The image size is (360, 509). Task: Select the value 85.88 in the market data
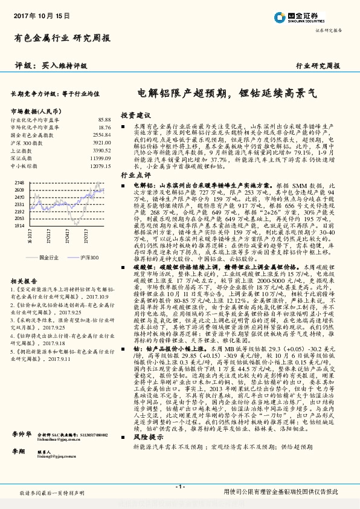coord(104,121)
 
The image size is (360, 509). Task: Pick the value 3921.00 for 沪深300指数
coord(102,142)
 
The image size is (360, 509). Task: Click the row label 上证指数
coord(22,150)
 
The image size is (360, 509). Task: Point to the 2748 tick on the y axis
coord(19,182)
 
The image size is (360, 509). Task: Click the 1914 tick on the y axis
coord(19,225)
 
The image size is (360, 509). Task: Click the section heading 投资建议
coord(135,114)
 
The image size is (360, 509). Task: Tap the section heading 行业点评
coord(135,173)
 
